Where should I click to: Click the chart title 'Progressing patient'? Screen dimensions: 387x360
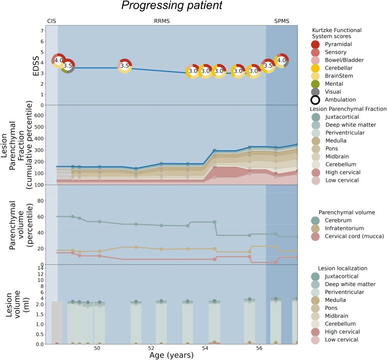pyautogui.click(x=172, y=6)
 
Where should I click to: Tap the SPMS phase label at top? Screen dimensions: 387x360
pyautogui.click(x=282, y=21)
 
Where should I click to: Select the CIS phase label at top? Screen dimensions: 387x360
pyautogui.click(x=52, y=21)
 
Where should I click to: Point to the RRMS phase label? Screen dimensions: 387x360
pyautogui.click(x=161, y=21)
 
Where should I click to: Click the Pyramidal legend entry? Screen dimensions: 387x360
pyautogui.click(x=331, y=45)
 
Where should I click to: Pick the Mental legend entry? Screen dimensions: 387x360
pyautogui.click(x=327, y=84)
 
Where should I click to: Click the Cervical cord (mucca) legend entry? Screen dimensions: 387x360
pyautogui.click(x=347, y=236)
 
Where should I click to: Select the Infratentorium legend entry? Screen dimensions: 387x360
pyautogui.click(x=337, y=228)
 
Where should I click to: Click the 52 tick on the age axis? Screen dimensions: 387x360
pyautogui.click(x=151, y=348)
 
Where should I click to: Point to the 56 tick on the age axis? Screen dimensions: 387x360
pyautogui.click(x=259, y=348)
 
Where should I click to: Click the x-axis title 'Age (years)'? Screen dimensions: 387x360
pyautogui.click(x=171, y=355)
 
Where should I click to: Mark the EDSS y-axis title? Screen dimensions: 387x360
pyautogui.click(x=36, y=66)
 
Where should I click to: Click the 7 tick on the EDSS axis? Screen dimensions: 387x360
pyautogui.click(x=42, y=31)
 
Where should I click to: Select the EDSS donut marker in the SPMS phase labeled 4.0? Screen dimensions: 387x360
pyautogui.click(x=282, y=61)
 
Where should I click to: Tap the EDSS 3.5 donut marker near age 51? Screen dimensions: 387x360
pyautogui.click(x=125, y=66)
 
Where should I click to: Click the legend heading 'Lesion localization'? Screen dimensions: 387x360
pyautogui.click(x=342, y=268)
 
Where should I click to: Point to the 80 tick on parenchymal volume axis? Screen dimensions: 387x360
pyautogui.click(x=41, y=201)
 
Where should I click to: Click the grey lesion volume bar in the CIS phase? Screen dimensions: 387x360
pyautogui.click(x=57, y=323)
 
